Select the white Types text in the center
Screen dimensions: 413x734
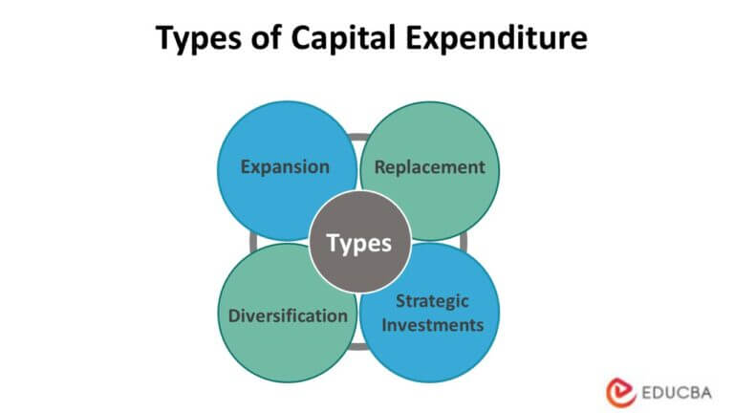pos(359,243)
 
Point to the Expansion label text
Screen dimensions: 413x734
pos(285,167)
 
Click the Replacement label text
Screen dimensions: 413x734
pos(430,167)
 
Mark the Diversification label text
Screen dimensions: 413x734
pos(288,315)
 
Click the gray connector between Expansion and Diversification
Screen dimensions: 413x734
pos(253,240)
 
